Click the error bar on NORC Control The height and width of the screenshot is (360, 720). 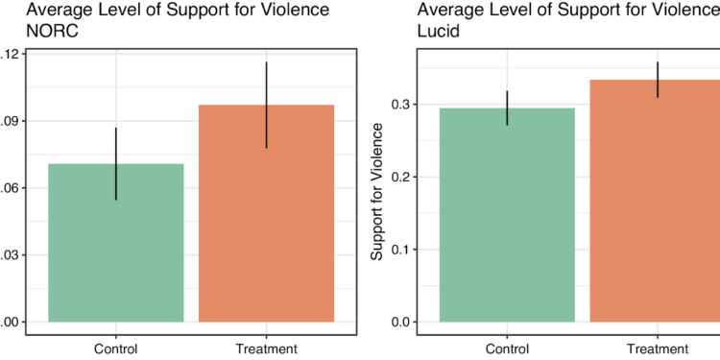tap(116, 163)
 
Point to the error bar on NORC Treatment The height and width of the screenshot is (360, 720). tap(266, 105)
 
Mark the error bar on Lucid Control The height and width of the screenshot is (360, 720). tap(507, 108)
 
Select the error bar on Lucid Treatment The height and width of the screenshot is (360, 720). tap(658, 80)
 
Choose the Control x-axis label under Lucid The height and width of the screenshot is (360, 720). tap(507, 348)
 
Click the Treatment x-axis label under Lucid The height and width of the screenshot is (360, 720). tap(658, 348)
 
